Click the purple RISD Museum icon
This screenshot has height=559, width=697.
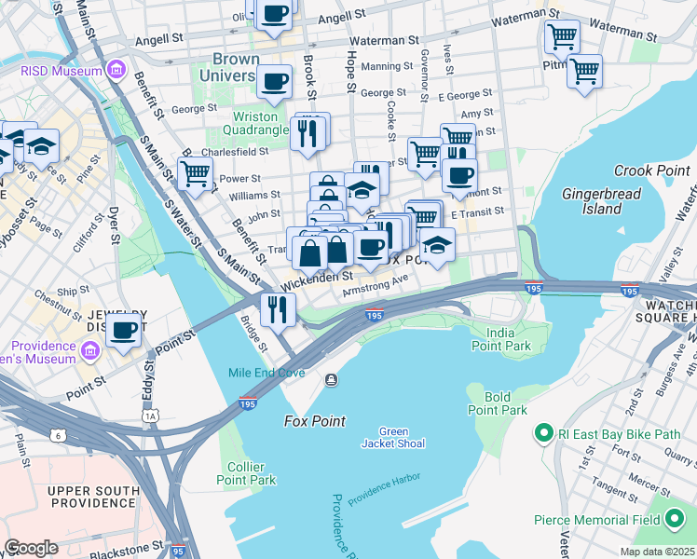pos(116,71)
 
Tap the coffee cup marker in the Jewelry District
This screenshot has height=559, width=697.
pos(124,331)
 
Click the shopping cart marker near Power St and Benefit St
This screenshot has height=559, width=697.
pos(195,173)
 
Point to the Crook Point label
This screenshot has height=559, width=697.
pos(651,170)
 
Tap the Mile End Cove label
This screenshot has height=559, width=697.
pos(266,373)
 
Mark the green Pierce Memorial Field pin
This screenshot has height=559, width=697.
pos(676,520)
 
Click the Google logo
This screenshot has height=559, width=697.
pos(31,548)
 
